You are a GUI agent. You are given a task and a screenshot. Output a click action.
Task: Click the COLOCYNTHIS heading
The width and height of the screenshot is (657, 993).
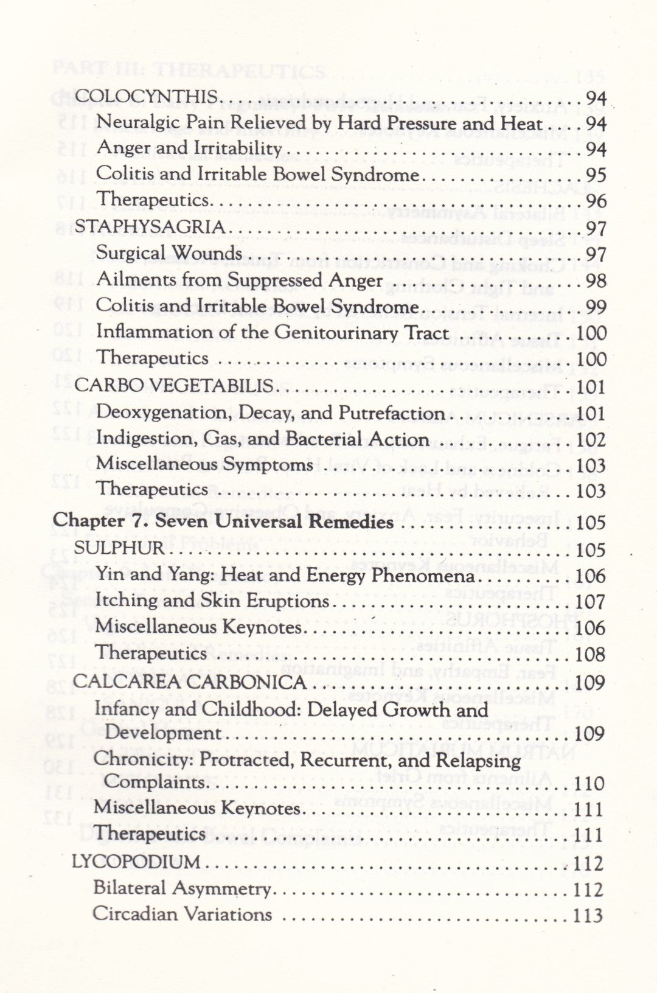(146, 97)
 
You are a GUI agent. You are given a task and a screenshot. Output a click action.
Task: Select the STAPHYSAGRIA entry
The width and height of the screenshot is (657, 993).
(150, 227)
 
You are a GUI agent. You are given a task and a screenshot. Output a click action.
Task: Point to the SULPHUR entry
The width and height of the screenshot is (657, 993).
(119, 548)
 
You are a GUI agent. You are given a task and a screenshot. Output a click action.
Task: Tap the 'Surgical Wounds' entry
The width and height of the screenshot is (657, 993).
(169, 253)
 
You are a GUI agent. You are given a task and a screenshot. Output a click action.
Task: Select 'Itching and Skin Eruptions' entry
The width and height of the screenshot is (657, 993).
(212, 601)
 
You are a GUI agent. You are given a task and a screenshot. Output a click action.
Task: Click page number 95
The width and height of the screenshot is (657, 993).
(596, 175)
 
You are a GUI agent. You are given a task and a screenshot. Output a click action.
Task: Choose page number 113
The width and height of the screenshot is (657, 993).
(588, 915)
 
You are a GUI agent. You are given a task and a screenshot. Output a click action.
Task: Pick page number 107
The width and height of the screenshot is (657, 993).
(591, 602)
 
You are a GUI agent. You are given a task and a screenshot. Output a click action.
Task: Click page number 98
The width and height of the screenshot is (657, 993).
(596, 280)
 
